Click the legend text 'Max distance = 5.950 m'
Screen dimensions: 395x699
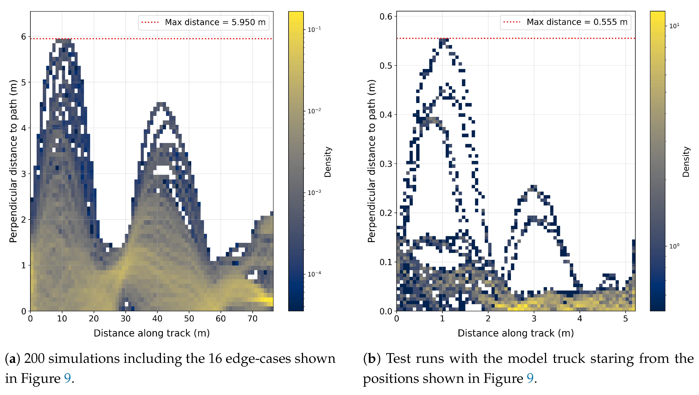[x=215, y=22]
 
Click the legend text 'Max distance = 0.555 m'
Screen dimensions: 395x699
[x=577, y=22]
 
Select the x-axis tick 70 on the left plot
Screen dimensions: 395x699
[x=252, y=319]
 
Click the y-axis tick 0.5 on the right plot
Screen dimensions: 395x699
[x=386, y=66]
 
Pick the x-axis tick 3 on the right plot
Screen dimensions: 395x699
[x=534, y=319]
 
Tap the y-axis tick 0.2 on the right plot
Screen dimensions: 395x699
[x=386, y=213]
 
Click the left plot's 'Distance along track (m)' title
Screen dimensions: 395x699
[x=151, y=333]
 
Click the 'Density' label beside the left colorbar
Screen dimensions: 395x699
[x=328, y=162]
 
